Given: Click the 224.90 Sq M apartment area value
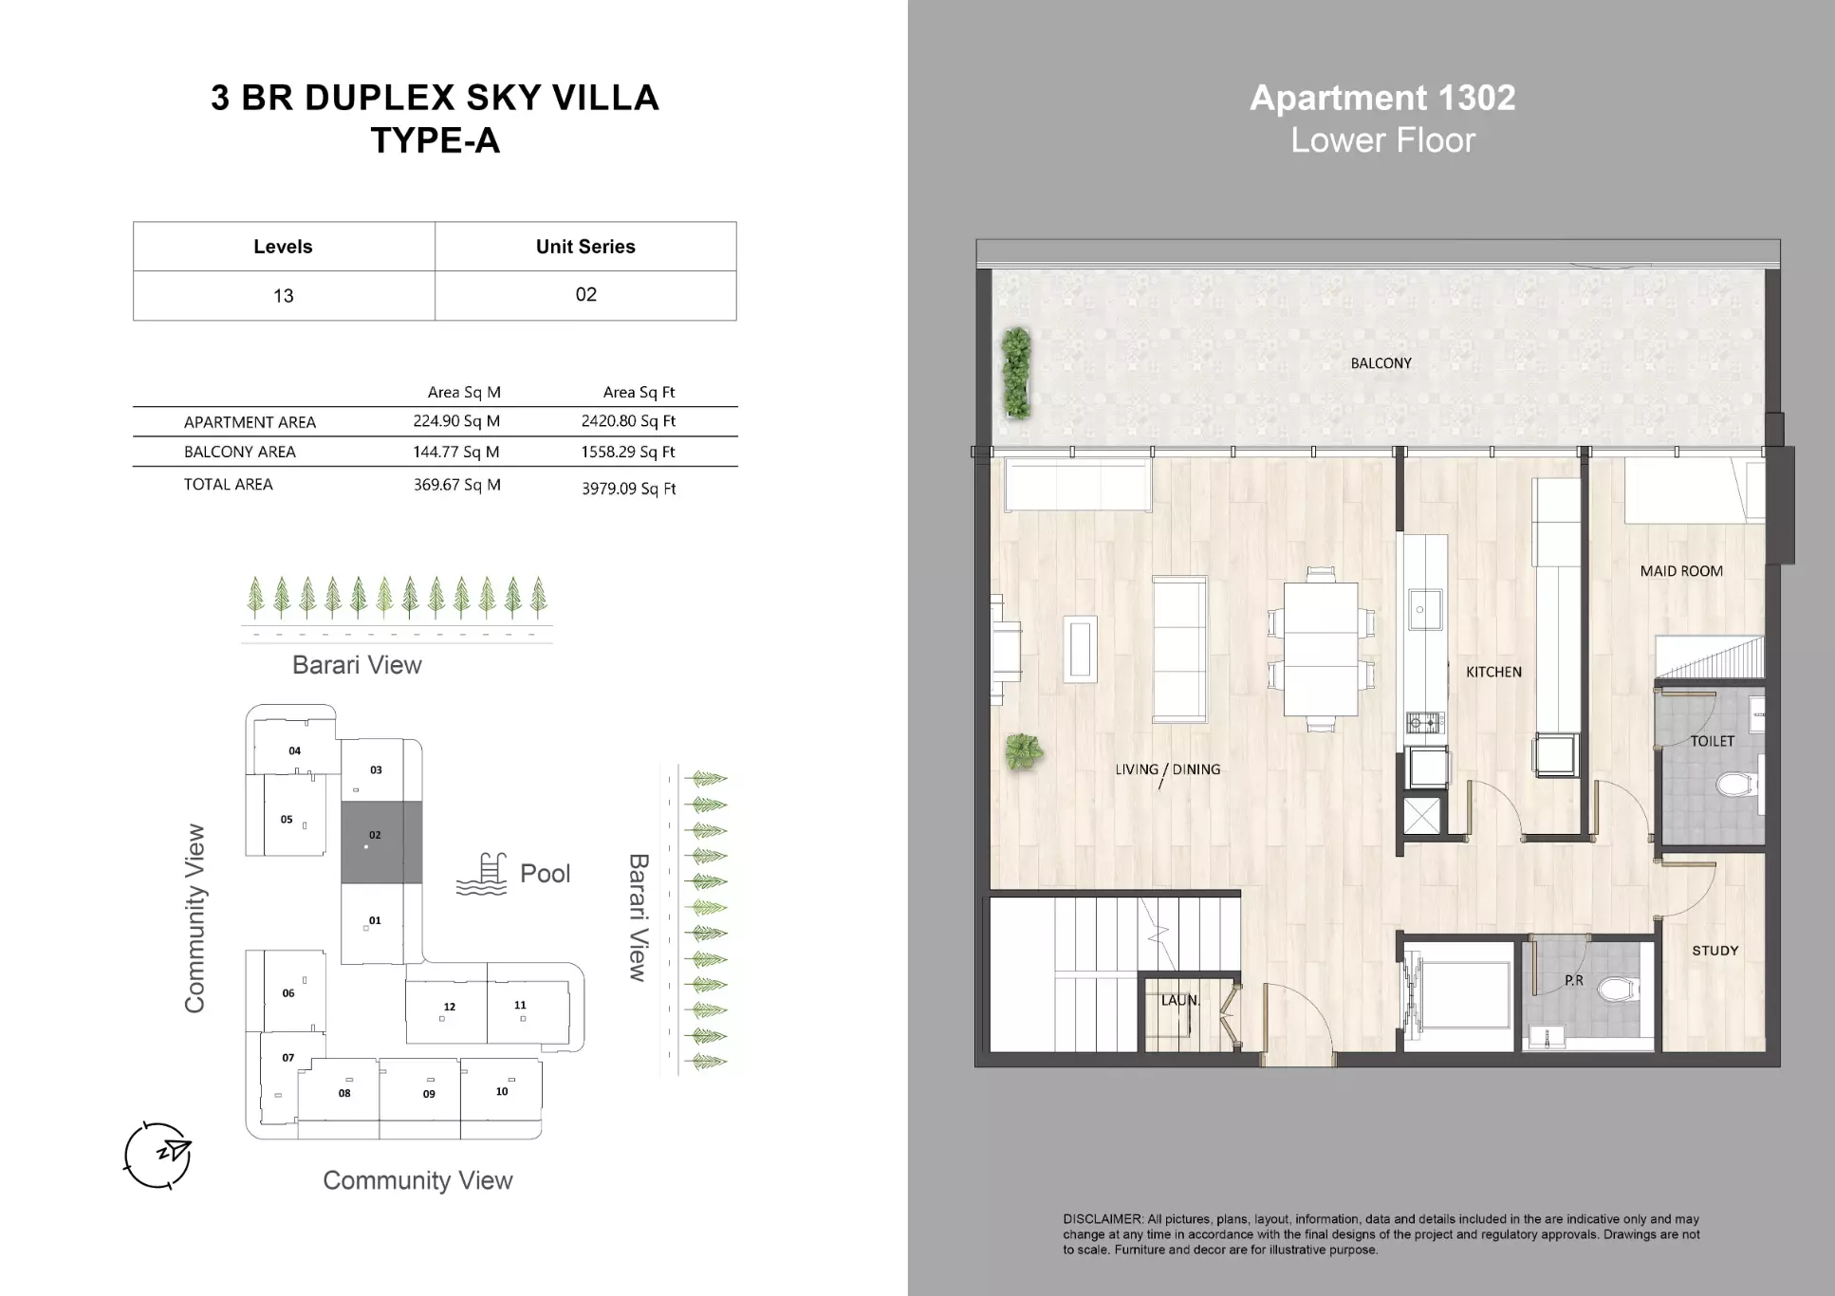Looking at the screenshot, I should (455, 421).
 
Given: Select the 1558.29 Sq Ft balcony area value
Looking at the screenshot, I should (627, 452).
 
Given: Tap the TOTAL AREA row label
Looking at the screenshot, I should (228, 484).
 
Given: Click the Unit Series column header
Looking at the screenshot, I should (585, 247).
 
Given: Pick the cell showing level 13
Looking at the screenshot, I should (283, 296).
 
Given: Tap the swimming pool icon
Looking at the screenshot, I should (483, 875).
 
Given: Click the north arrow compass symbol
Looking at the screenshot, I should (158, 1155).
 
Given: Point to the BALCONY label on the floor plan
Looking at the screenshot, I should (1381, 363).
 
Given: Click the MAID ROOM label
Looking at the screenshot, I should (1680, 571).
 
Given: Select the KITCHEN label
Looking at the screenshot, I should (1492, 672).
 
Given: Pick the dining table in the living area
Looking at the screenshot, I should (1320, 649).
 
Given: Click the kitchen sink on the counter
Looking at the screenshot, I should (1424, 609).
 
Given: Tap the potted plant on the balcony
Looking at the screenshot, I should (1016, 373).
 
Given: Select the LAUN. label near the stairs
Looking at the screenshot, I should (1179, 1000).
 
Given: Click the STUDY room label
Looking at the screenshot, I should (1715, 950).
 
